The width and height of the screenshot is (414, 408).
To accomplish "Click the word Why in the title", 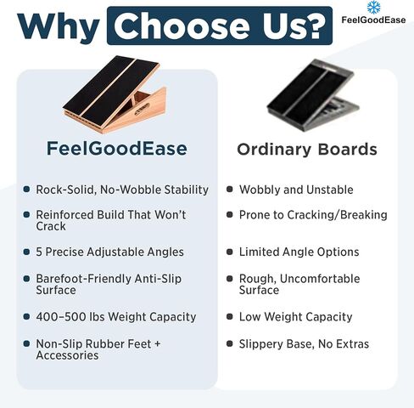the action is (x=59, y=27).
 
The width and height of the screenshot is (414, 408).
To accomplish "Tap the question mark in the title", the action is (x=312, y=25).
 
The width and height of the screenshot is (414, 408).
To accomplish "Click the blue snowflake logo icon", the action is (x=373, y=8).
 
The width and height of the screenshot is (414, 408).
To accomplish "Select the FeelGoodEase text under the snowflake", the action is (x=373, y=20).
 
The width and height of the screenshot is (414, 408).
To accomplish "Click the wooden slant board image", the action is (x=115, y=94).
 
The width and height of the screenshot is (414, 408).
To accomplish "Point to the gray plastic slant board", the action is (x=313, y=95).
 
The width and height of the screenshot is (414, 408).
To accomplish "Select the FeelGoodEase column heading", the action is (x=117, y=148).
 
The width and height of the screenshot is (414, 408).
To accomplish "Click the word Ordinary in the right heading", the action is (x=274, y=150).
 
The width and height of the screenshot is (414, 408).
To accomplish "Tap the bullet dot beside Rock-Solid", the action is (x=26, y=189).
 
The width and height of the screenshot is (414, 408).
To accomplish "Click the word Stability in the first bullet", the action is (x=187, y=190).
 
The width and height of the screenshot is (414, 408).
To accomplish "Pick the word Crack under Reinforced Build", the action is (x=51, y=226).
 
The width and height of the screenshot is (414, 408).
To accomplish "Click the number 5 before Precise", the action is (x=39, y=252).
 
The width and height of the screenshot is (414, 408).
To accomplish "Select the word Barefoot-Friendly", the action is (x=83, y=279).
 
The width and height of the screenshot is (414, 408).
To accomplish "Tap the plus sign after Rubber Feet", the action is (x=158, y=344).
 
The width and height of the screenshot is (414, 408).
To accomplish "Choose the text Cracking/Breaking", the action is (x=337, y=215).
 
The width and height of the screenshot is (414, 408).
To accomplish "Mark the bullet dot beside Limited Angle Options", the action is (x=230, y=252).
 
